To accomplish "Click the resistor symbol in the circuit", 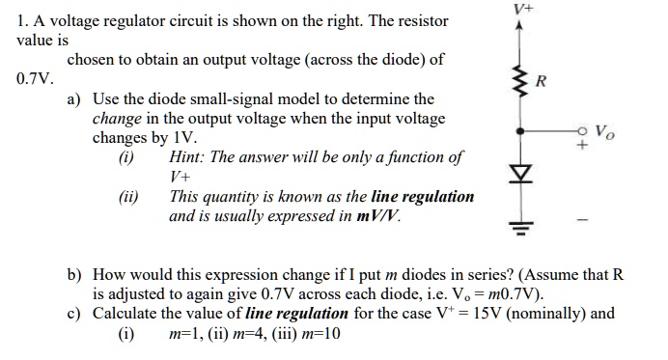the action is [521, 76].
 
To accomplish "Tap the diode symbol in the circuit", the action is [521, 178].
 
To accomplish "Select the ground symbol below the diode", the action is [521, 228].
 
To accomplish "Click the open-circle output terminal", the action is [583, 132].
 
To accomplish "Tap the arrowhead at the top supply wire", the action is [521, 26].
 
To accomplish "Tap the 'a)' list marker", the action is [74, 99].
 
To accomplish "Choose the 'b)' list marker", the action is [74, 275].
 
